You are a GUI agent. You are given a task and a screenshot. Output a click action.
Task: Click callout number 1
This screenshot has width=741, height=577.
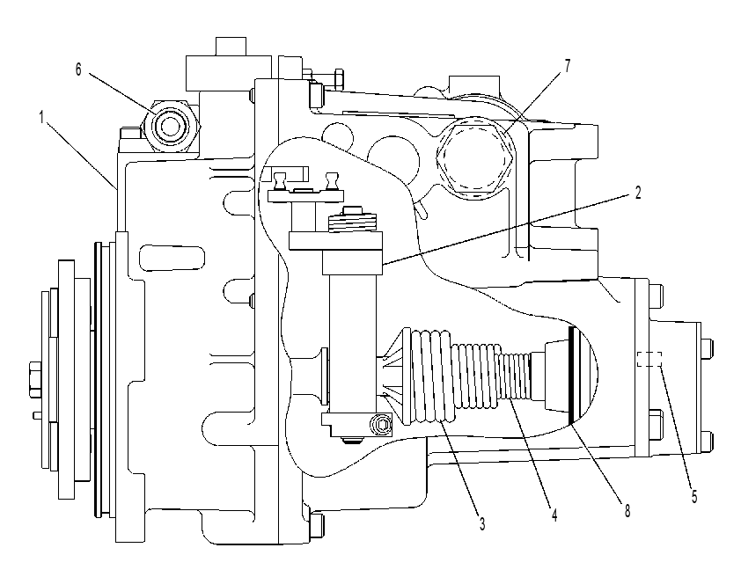[x=42, y=117]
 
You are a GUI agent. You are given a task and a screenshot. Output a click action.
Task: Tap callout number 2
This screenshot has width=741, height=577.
[x=638, y=193]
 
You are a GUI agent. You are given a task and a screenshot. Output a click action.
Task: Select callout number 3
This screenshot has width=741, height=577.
[x=482, y=523]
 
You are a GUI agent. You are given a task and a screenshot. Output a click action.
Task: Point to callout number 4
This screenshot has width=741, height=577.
[x=554, y=515]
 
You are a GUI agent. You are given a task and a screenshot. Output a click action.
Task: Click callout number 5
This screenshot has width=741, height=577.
[x=694, y=497]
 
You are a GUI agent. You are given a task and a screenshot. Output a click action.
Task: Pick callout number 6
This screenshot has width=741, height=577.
[x=78, y=69]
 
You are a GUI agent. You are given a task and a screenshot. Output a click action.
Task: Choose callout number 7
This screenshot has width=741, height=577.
[x=568, y=66]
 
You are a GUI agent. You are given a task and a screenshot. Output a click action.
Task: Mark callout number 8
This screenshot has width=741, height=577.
[x=627, y=510]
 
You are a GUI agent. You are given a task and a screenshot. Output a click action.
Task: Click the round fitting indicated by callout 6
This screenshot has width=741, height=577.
[x=171, y=126]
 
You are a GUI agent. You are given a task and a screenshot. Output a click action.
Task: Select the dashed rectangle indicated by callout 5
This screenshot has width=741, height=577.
[x=649, y=359]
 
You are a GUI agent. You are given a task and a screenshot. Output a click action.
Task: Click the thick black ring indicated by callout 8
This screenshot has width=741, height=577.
[x=572, y=375]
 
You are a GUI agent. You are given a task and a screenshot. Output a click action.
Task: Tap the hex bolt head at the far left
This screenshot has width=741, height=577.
[x=35, y=379]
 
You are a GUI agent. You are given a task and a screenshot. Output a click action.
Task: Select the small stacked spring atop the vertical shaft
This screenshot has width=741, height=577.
[x=352, y=222]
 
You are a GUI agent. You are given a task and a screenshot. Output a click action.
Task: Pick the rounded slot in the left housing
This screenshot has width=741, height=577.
[x=172, y=258]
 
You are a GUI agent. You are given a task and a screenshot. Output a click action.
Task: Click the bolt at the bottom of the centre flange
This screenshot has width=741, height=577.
[x=318, y=528]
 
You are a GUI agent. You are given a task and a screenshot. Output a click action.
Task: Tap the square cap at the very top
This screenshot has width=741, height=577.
[x=231, y=47]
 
